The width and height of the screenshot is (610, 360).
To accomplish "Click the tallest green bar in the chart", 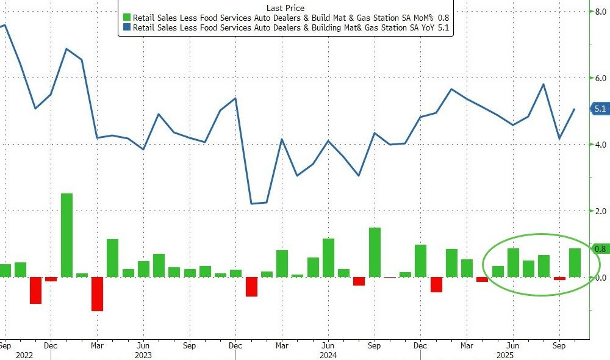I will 66,235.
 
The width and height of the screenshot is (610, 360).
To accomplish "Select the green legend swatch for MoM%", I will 126,18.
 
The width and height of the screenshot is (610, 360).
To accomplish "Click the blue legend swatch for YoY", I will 126,27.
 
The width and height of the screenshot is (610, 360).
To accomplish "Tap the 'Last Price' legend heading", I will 285,8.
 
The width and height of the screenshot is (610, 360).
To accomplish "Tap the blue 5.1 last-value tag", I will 599,109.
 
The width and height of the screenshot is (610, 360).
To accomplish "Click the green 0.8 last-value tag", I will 599,249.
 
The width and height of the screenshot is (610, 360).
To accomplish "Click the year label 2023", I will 143,355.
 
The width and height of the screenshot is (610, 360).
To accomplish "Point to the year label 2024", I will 328,355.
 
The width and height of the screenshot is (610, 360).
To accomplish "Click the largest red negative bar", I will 98,293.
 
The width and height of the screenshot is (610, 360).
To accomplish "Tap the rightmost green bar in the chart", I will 575,262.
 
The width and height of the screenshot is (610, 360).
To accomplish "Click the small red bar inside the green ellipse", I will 559,278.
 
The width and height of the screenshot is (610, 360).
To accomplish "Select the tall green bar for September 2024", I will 375,252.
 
